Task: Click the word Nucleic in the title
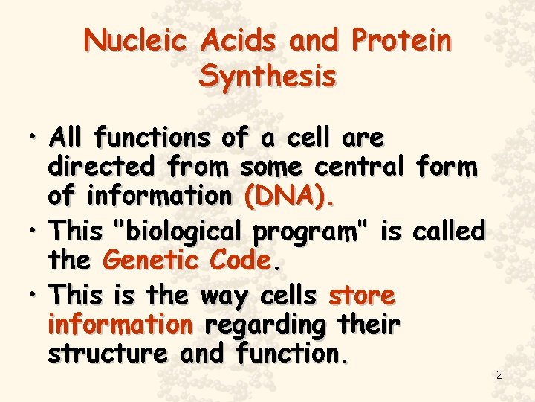(x=136, y=41)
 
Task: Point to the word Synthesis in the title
(x=267, y=76)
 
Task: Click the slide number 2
(x=499, y=375)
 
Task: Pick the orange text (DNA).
(x=289, y=197)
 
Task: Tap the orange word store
(x=362, y=296)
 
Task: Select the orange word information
(x=120, y=325)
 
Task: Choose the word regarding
(x=264, y=326)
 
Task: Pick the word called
(x=448, y=232)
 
